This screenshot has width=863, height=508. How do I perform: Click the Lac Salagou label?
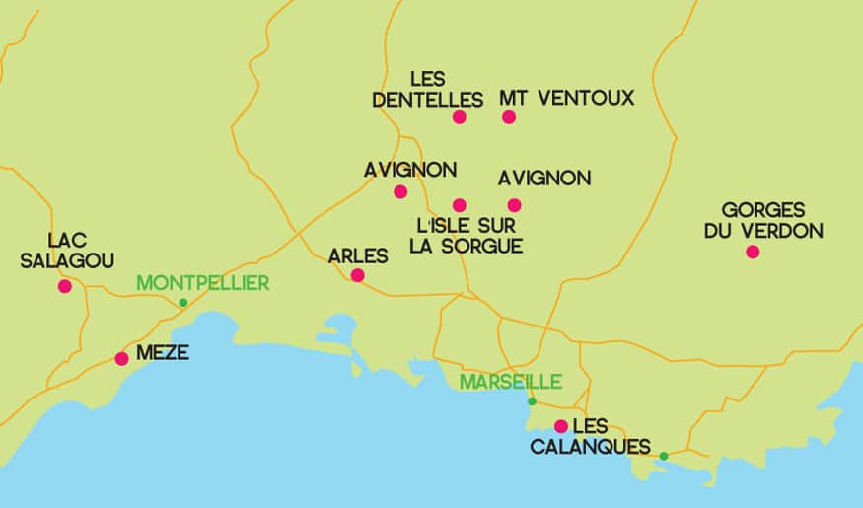point(81,250)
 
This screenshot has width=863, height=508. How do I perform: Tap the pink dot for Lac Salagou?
point(65,286)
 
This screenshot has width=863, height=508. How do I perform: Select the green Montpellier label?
point(202,283)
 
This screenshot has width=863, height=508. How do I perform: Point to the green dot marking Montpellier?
point(182,303)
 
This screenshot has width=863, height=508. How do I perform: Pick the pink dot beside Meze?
point(121,358)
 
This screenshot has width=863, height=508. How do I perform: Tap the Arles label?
point(358,256)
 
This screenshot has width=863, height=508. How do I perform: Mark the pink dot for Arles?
point(357,275)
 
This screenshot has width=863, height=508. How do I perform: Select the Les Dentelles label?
point(427,89)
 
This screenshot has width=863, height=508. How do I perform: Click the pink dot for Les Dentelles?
point(459,117)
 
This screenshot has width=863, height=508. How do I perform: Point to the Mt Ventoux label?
point(566,98)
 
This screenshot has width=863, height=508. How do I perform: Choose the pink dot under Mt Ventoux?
point(509,117)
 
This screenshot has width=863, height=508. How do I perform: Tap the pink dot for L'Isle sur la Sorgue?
point(459,205)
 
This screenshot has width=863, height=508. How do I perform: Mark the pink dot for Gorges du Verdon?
point(753,252)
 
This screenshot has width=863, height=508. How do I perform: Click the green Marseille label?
point(510,381)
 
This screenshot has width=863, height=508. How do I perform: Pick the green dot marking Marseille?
point(532,400)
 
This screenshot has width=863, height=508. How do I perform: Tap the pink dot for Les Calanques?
point(560,426)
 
